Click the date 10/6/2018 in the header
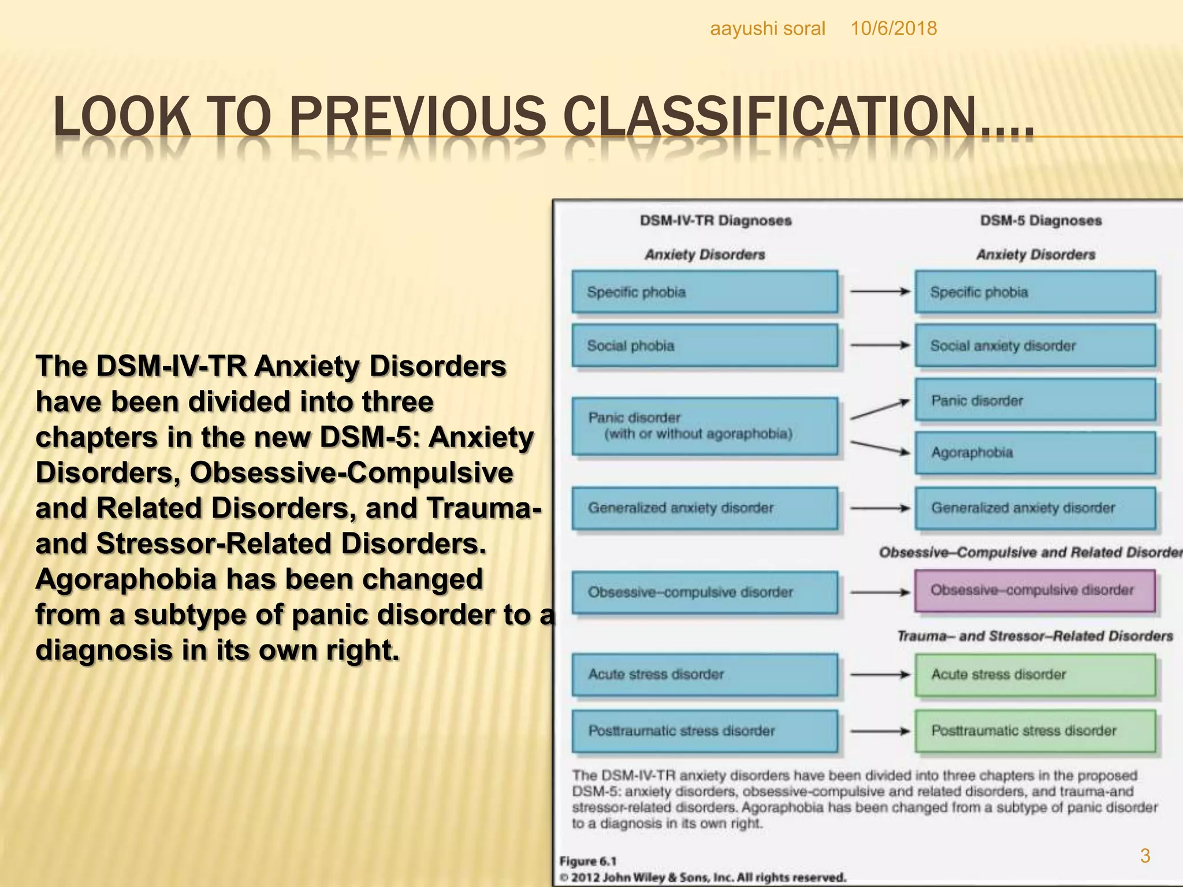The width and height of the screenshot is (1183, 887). click(x=893, y=28)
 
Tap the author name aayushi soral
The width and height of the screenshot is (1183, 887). click(x=767, y=28)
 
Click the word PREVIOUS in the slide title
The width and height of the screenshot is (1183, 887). click(x=420, y=117)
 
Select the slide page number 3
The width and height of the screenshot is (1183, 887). click(x=1145, y=855)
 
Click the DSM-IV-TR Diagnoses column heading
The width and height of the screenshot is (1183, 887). click(x=715, y=221)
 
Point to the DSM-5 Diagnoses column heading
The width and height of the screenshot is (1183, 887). click(x=1040, y=221)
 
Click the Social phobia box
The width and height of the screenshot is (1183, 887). click(x=704, y=345)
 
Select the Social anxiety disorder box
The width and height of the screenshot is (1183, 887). click(x=1035, y=345)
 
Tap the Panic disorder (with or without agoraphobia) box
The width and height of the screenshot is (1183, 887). click(x=704, y=426)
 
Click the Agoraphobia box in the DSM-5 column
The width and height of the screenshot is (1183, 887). click(x=1035, y=452)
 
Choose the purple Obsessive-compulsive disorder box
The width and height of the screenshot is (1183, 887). click(x=1035, y=590)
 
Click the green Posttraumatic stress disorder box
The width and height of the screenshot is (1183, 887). click(x=1035, y=731)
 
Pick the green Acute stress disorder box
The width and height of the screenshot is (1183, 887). click(x=1035, y=674)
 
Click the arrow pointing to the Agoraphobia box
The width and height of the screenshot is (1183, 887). click(x=879, y=447)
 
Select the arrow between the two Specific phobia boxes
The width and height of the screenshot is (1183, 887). click(x=879, y=292)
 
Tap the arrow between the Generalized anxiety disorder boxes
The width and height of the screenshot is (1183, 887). click(x=879, y=508)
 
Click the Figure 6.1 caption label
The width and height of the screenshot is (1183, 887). click(x=587, y=861)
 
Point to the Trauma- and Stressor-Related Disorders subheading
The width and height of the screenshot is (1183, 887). click(x=1034, y=636)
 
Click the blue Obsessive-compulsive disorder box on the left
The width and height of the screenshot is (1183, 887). click(x=704, y=592)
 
